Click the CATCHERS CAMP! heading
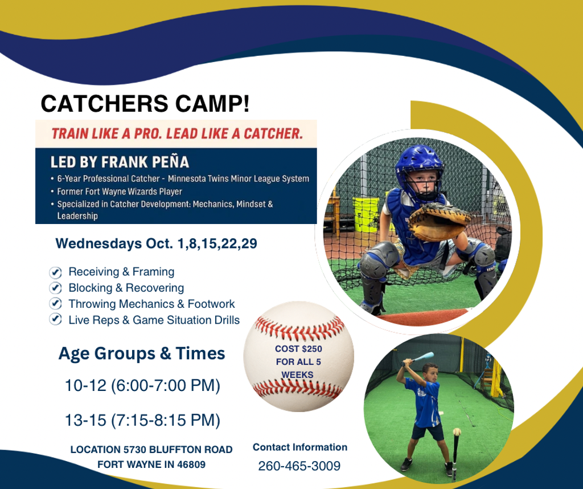(145, 104)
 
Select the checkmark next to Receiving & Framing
(55, 272)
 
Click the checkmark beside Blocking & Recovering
(55, 288)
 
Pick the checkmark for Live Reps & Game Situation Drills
(55, 319)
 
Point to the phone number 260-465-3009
(299, 466)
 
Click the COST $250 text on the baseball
(298, 349)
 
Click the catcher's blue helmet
(419, 168)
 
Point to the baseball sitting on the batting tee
(457, 432)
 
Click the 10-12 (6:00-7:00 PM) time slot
(142, 385)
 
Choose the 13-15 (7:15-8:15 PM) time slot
(142, 420)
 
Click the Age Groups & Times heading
(142, 353)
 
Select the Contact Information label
(300, 447)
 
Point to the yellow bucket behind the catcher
(366, 215)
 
